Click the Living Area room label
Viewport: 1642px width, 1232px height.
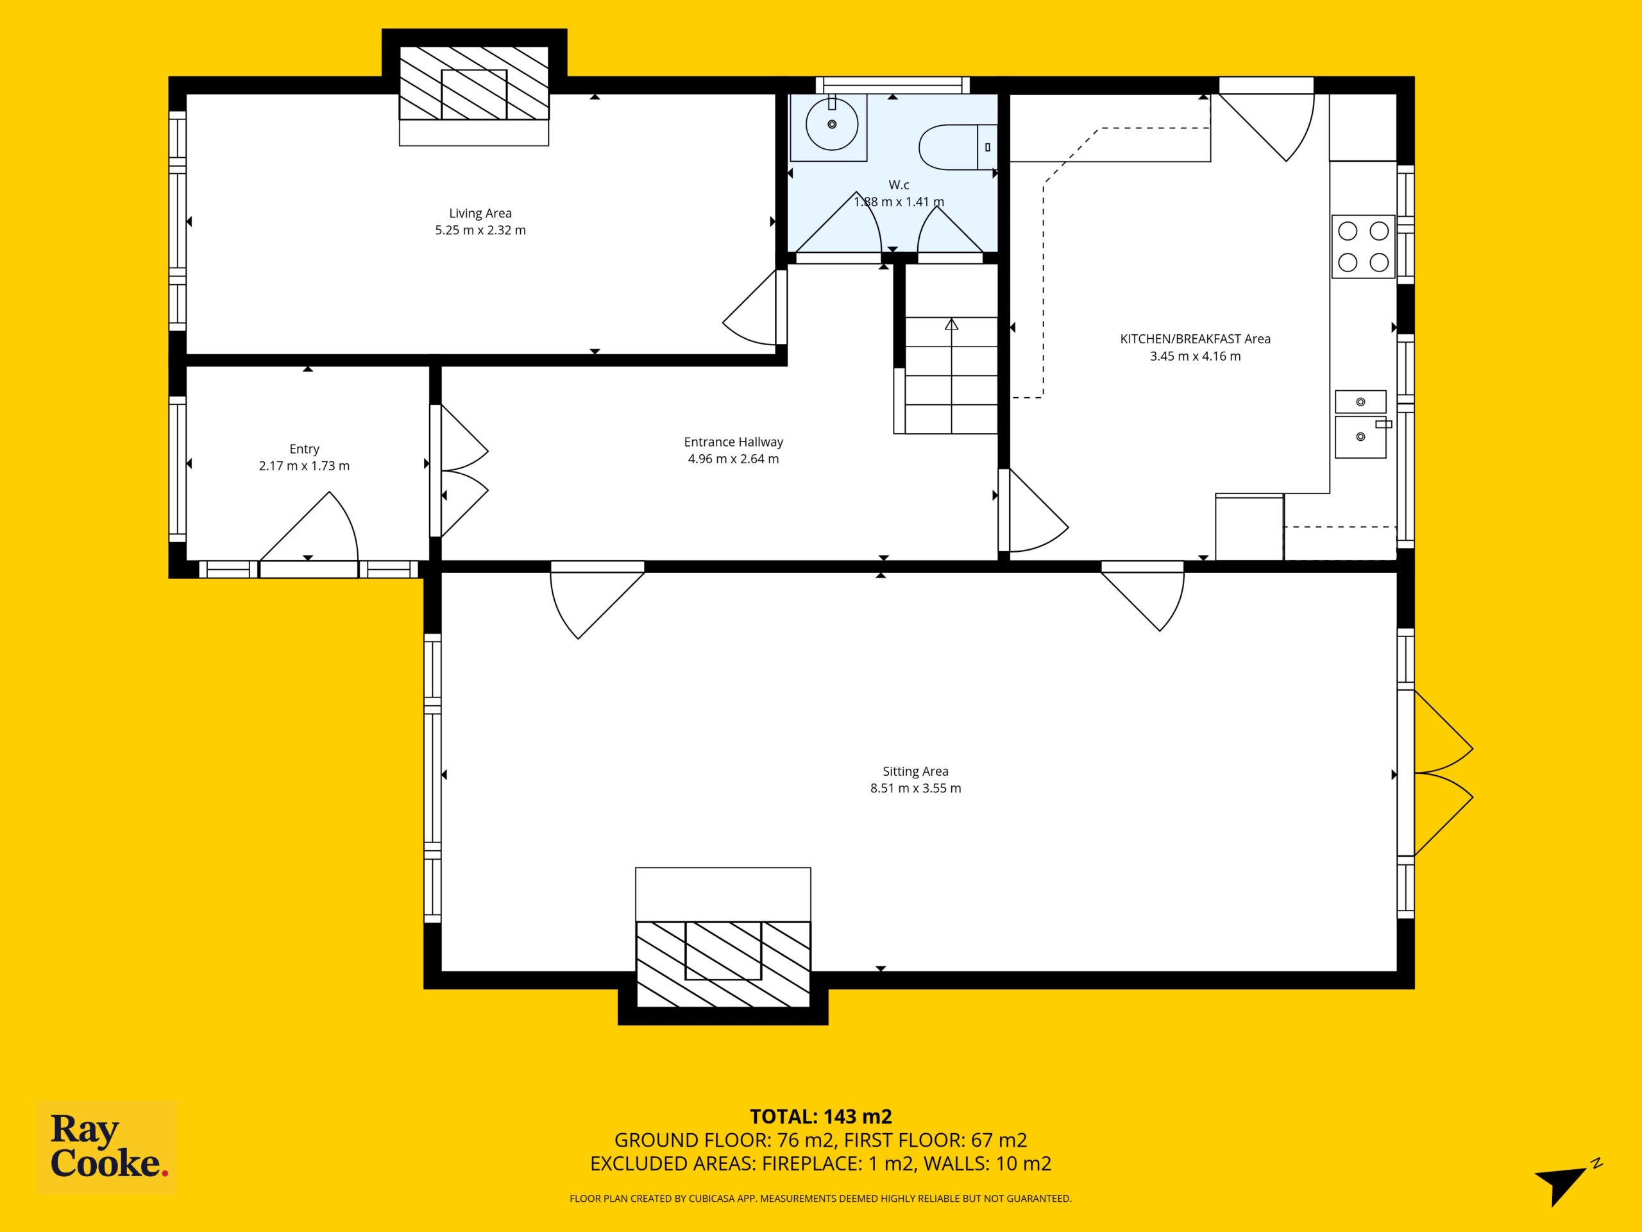pos(480,214)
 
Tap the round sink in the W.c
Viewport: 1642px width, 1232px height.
pos(832,123)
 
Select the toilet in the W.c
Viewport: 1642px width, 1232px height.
pos(958,147)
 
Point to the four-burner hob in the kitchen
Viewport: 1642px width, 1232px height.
pos(1363,246)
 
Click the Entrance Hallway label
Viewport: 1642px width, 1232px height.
pos(733,442)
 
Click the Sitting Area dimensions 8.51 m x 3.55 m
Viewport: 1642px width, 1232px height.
pos(915,789)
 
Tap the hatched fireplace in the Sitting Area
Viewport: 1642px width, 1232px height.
pos(723,964)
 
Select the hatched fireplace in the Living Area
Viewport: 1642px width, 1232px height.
pos(475,83)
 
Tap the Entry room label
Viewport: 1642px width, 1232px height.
pos(305,449)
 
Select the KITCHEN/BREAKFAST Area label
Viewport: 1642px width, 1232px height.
pos(1195,339)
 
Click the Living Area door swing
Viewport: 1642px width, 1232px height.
pos(751,307)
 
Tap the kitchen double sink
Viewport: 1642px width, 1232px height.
pos(1360,424)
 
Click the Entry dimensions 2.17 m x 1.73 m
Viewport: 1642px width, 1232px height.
pos(305,466)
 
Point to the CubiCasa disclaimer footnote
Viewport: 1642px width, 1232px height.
pos(820,1198)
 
